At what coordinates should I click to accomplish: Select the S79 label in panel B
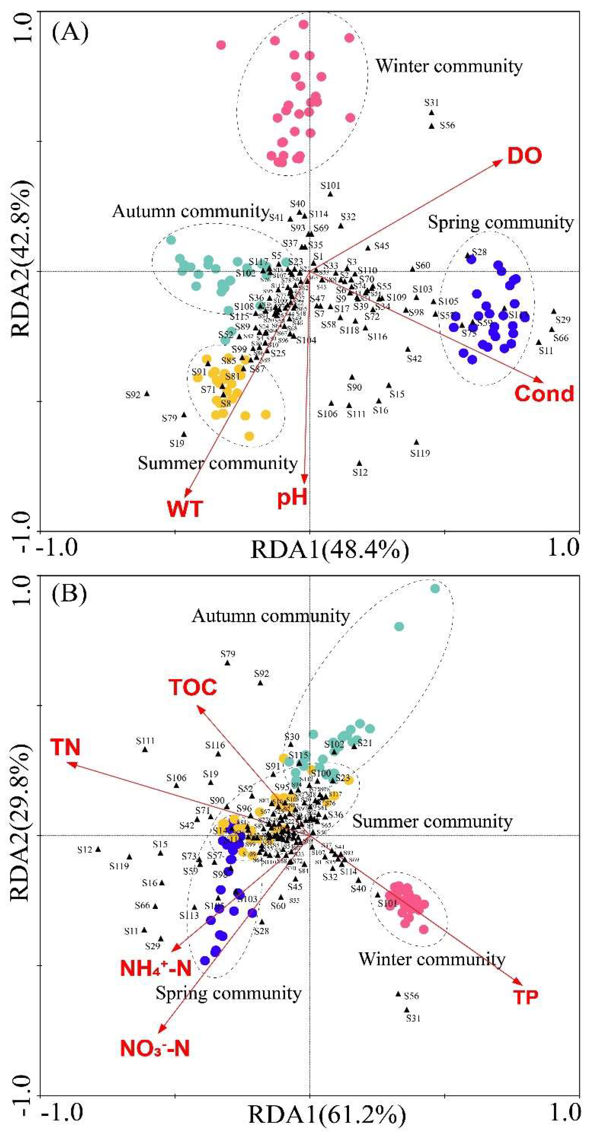tap(228, 654)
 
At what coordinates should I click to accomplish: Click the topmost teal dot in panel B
tap(435, 589)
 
